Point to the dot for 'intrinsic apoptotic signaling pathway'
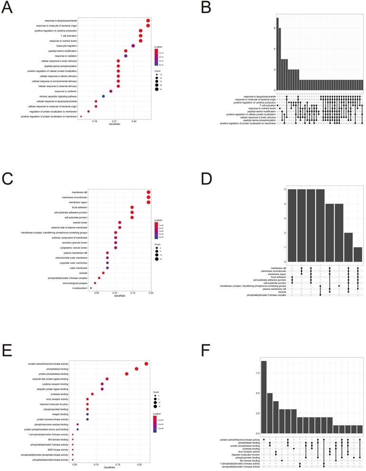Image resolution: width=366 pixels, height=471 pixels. pyautogui.click(x=103, y=96)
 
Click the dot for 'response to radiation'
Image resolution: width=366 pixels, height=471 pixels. pyautogui.click(x=125, y=56)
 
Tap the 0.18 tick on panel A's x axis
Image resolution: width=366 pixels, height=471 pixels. pyautogui.click(x=95, y=122)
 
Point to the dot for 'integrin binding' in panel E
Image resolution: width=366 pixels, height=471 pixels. pyautogui.click(x=87, y=414)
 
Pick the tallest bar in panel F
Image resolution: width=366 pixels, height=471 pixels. pyautogui.click(x=264, y=397)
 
